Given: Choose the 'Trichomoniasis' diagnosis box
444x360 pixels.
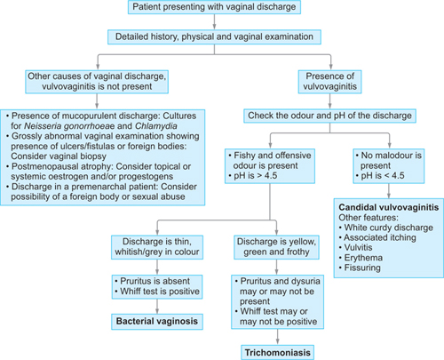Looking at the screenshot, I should coord(276,353).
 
